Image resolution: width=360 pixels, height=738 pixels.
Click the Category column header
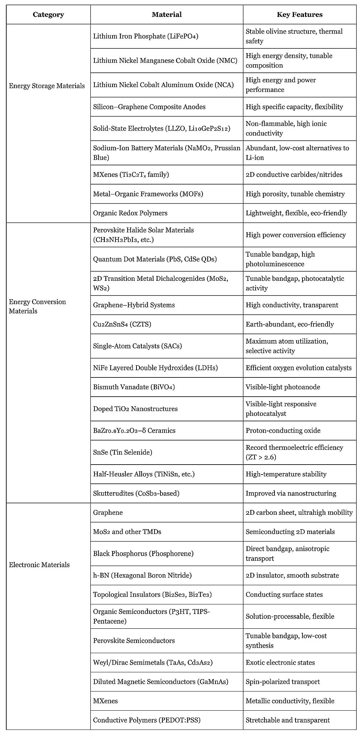(48, 15)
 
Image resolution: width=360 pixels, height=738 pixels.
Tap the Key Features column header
(300, 15)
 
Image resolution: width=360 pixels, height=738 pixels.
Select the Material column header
(167, 15)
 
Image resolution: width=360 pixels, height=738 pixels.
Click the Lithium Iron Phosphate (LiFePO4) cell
(146, 36)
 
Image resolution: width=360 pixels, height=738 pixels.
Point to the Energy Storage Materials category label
(47, 86)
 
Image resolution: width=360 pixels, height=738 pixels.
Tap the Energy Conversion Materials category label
(38, 306)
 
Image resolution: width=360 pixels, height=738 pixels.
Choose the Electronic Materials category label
(39, 565)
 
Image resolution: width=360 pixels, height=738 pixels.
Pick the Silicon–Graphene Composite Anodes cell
(149, 107)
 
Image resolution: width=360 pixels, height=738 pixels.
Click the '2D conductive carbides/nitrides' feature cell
(294, 175)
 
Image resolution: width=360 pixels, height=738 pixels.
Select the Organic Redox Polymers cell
(130, 213)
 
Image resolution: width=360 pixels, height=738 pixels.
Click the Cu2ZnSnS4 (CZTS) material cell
(122, 324)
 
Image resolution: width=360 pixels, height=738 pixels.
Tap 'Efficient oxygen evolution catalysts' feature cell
(298, 368)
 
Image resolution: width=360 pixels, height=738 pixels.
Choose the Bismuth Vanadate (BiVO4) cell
(134, 387)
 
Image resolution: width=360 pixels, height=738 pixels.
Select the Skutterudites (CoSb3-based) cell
(136, 493)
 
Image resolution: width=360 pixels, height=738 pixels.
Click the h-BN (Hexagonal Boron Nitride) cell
(142, 575)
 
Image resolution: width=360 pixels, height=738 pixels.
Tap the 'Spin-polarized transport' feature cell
(283, 682)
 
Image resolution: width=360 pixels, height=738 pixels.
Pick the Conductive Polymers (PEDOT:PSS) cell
(147, 720)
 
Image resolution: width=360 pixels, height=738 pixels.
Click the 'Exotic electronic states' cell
(280, 662)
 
